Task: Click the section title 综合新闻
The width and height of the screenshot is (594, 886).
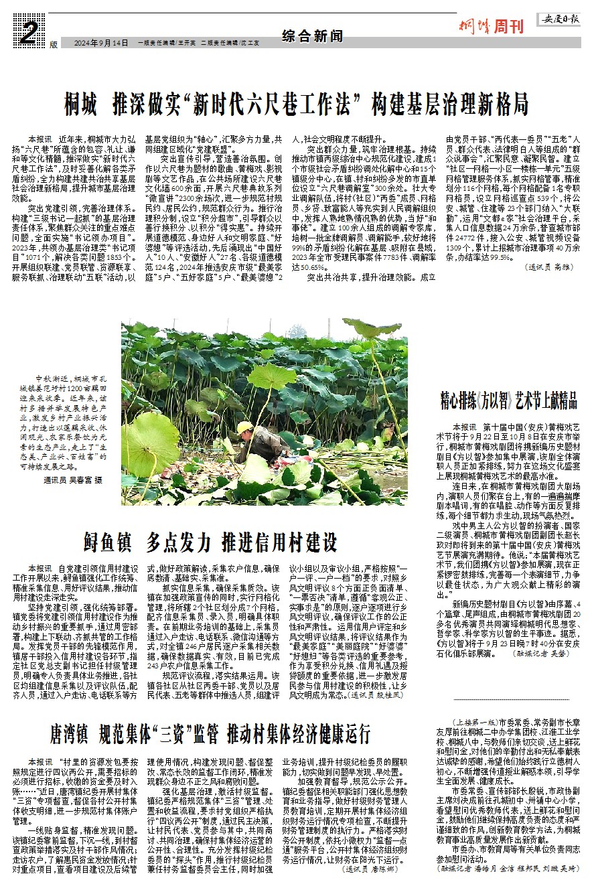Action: pos(308,35)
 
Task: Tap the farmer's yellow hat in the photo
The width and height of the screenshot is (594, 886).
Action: pos(245,427)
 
